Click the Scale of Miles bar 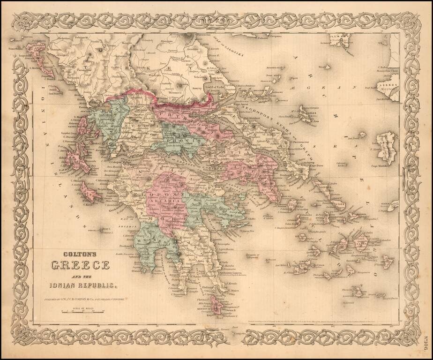(82, 311)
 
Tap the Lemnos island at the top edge (340, 41)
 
